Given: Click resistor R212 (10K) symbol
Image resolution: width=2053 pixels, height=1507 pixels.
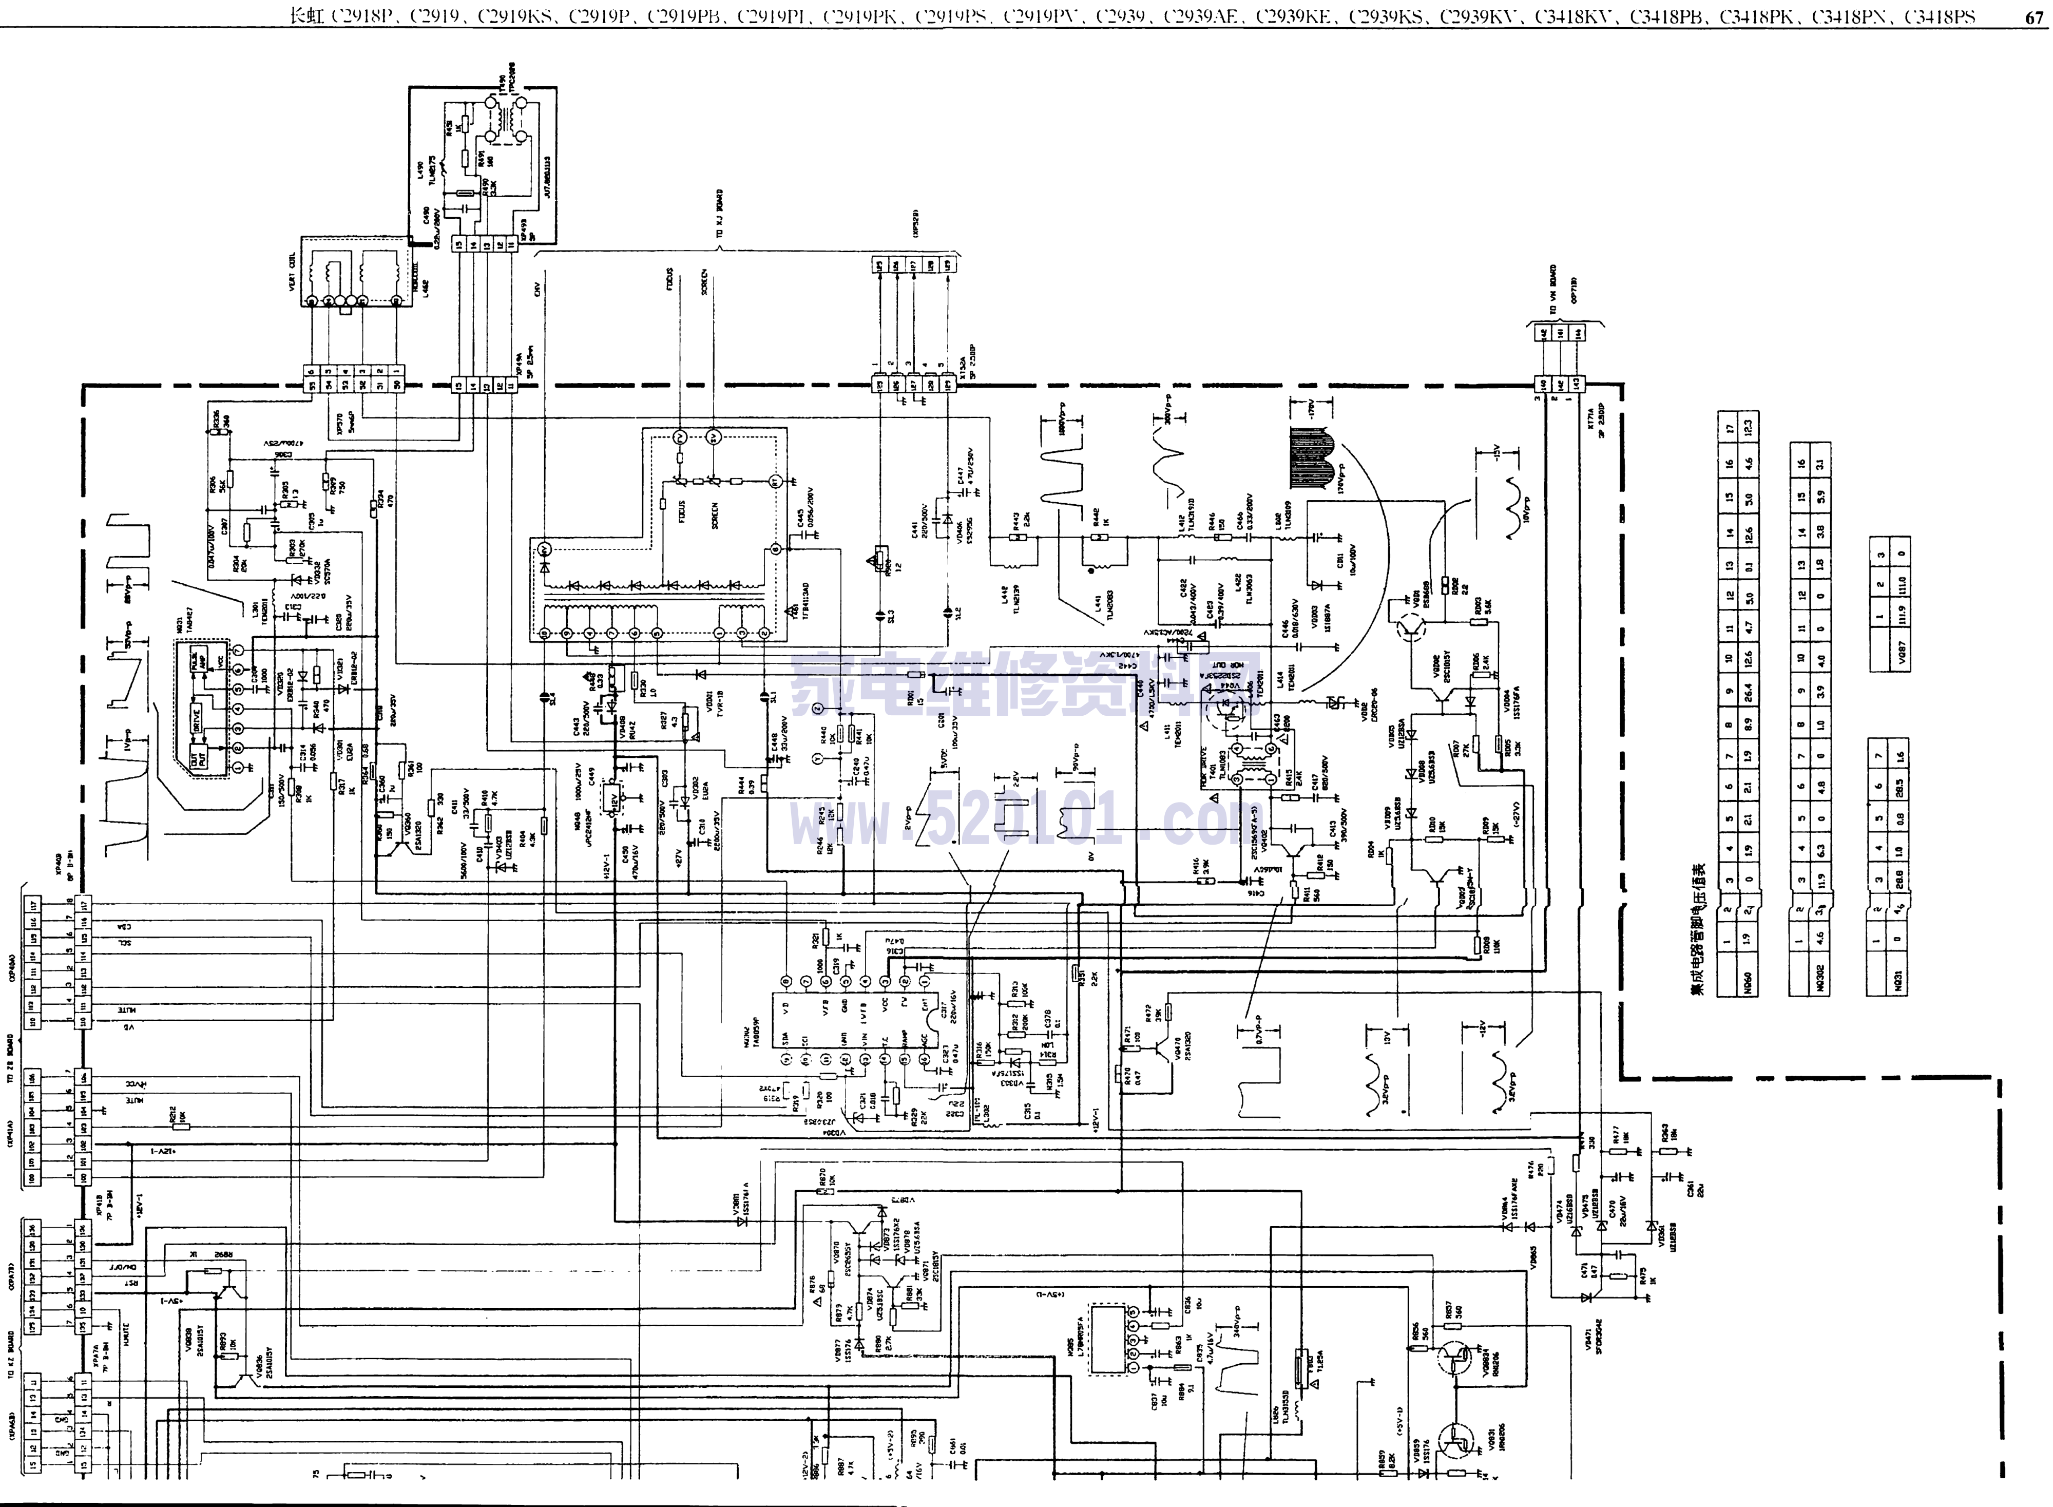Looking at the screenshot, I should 181,1126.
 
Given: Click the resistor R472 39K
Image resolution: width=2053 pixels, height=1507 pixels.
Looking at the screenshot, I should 1167,1012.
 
